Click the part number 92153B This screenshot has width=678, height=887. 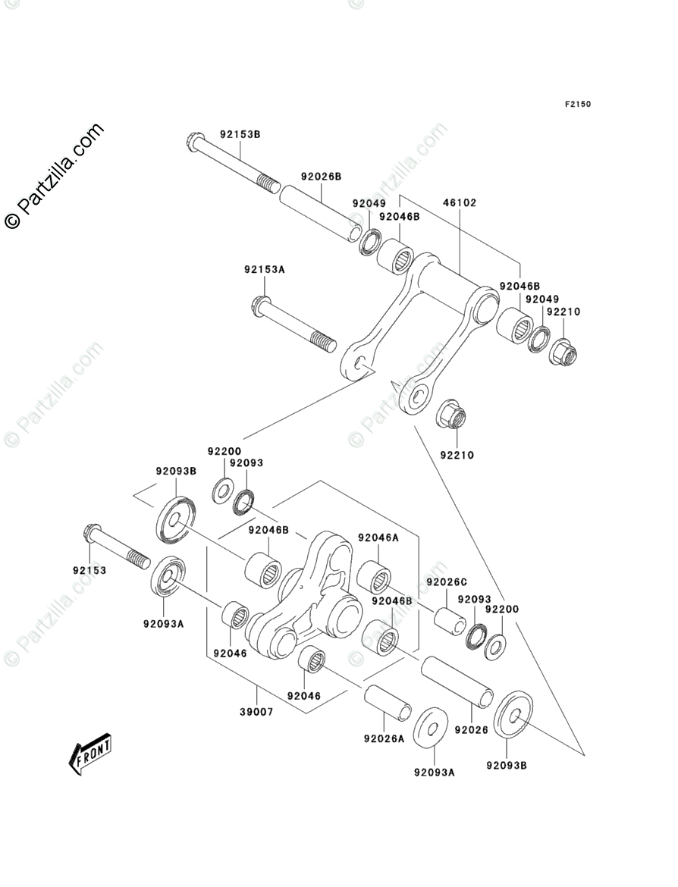(240, 135)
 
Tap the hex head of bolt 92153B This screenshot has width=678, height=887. (194, 141)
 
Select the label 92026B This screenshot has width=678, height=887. (321, 177)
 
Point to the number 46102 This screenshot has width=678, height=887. (460, 202)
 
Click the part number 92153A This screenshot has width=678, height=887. (264, 270)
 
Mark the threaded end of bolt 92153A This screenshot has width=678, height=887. (323, 342)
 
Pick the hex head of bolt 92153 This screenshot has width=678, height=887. (92, 533)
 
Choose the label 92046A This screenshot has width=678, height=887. (378, 538)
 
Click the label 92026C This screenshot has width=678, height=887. (447, 582)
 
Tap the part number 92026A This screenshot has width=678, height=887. (384, 739)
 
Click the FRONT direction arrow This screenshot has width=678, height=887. (90, 754)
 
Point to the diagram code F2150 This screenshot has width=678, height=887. (577, 104)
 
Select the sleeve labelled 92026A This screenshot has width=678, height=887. (388, 703)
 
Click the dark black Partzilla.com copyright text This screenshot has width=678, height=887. (55, 176)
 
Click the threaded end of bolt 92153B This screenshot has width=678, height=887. (268, 184)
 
